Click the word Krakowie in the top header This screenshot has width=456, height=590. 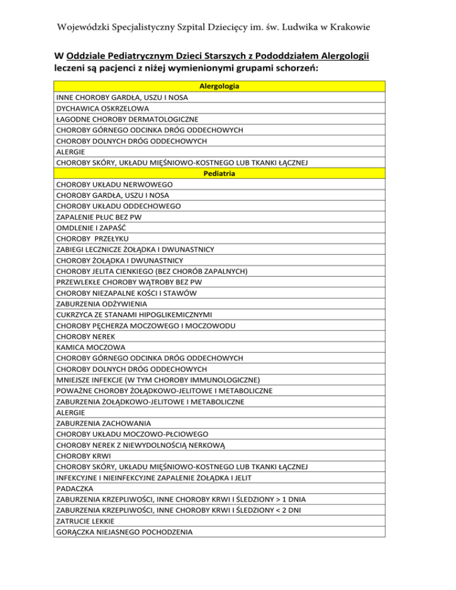point(374,27)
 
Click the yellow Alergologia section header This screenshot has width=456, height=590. point(219,87)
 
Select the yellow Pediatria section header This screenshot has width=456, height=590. point(219,174)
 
